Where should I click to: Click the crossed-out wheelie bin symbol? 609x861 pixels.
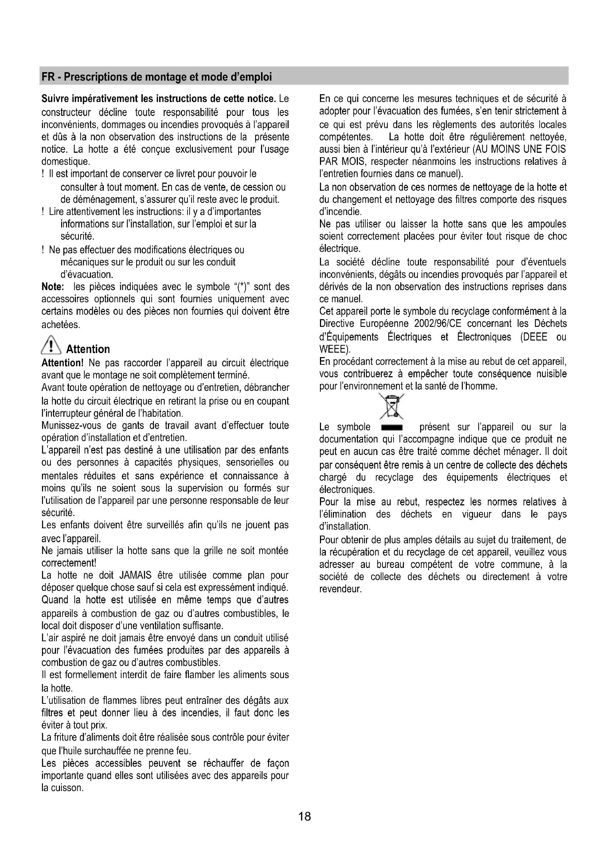pos(391,406)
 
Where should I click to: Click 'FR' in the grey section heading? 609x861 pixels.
pos(48,77)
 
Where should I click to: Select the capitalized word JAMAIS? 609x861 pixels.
pos(135,575)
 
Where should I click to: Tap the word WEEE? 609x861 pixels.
pos(333,349)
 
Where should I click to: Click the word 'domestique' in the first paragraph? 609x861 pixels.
pos(65,162)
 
